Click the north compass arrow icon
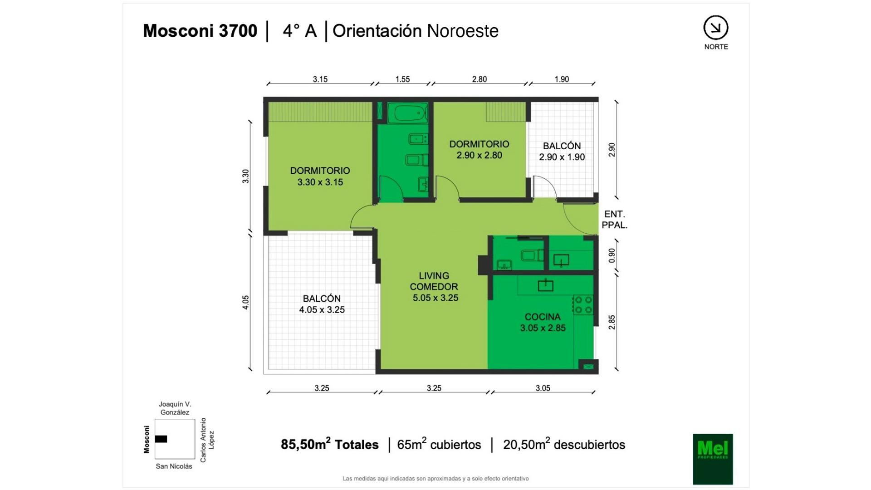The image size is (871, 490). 716,28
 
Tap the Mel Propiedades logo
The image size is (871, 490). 713,459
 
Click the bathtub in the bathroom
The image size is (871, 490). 408,113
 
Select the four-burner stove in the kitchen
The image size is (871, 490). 583,305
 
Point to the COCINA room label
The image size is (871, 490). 543,317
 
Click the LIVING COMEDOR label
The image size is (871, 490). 434,281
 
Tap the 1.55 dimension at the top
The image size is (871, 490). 402,79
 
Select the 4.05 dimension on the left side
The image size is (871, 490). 245,303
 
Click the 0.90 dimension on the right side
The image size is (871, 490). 612,255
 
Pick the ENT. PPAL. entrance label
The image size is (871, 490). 615,220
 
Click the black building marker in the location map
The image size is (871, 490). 161,439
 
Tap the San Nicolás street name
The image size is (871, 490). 174,466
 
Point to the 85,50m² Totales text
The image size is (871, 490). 329,444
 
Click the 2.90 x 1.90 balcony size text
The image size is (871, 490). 562,157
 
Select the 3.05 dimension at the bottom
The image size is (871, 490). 543,388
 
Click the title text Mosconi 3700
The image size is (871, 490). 200,31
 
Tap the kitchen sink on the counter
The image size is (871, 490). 546,285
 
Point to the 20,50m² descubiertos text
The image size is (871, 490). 564,444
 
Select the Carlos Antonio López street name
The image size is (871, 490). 207,440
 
